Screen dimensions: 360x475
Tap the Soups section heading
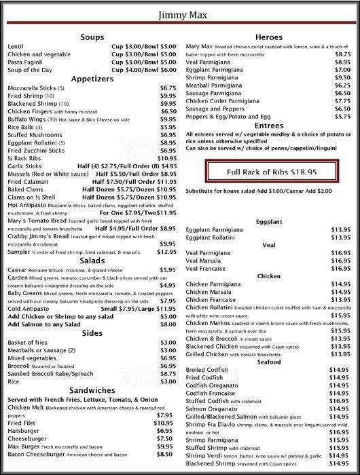click(x=92, y=37)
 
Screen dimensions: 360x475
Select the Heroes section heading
click(x=268, y=37)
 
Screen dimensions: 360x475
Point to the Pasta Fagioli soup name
click(x=26, y=61)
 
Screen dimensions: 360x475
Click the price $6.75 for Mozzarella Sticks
click(x=168, y=88)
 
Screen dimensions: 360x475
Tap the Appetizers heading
click(x=92, y=77)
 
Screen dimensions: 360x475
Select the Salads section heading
click(x=92, y=261)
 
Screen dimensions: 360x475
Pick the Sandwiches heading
click(x=92, y=389)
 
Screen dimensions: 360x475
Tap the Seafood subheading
click(x=268, y=362)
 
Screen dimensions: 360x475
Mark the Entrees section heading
click(x=268, y=126)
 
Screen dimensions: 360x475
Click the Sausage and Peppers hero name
click(x=216, y=109)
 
